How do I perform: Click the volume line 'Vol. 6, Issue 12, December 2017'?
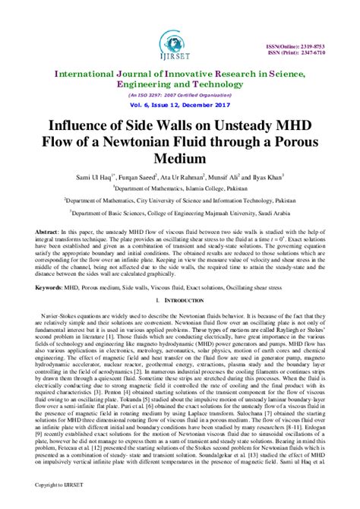click(x=179, y=105)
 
